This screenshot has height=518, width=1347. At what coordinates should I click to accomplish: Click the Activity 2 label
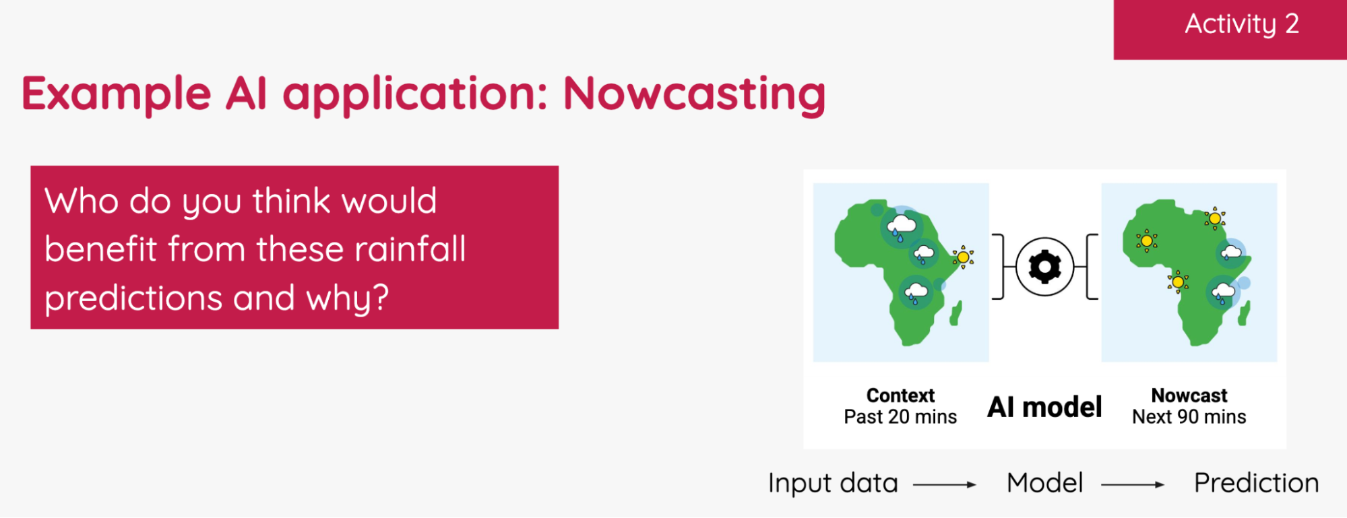[x=1241, y=25]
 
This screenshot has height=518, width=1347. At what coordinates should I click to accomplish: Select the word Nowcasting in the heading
[x=694, y=94]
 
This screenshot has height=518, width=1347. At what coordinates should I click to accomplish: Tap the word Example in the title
[x=117, y=94]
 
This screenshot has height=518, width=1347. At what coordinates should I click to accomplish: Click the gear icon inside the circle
[x=1044, y=267]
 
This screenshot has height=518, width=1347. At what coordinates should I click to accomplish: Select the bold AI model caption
[x=1044, y=407]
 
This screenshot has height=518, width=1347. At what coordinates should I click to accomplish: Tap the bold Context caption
[x=900, y=395]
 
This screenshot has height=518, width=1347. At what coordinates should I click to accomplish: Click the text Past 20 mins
[x=900, y=417]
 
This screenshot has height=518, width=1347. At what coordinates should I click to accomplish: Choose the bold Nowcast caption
[x=1189, y=395]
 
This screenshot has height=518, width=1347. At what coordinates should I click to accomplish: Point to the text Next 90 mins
[x=1189, y=417]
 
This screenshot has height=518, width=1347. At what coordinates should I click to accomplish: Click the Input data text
[x=833, y=483]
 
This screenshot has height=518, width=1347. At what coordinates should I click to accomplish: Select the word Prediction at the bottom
[x=1256, y=483]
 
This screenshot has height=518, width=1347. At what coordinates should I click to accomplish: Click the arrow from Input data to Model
[x=945, y=484]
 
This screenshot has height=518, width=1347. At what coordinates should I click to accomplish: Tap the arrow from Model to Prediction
[x=1133, y=484]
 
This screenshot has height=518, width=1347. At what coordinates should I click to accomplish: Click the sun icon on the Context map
[x=963, y=257]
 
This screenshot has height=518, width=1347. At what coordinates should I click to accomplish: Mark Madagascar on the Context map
[x=956, y=313]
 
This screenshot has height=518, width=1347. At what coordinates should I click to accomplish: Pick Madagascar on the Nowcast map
[x=1244, y=314]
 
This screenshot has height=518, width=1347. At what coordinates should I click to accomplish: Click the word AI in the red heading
[x=246, y=94]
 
